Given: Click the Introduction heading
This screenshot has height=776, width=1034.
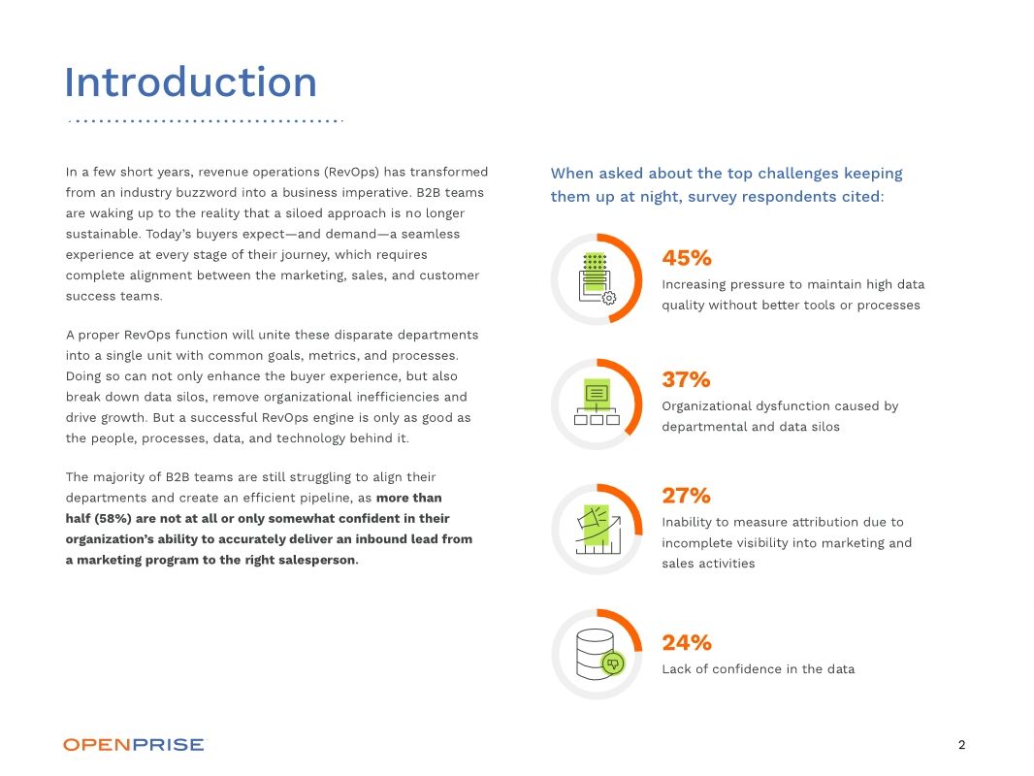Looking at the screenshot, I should (x=190, y=82).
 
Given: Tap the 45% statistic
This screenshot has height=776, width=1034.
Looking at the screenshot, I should (x=687, y=258).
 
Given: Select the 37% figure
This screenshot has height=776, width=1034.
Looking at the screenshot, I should (x=686, y=379).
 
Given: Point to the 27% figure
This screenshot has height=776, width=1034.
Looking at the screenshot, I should (x=686, y=496).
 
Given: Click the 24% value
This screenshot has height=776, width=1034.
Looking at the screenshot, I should (x=686, y=642).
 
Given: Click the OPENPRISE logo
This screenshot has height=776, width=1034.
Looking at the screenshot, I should (x=134, y=745).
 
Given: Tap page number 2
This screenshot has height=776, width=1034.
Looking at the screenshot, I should (x=961, y=745).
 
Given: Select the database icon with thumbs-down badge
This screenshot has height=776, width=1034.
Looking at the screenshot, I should (x=597, y=654).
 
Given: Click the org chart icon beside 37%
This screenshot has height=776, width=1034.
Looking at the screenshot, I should (x=597, y=404).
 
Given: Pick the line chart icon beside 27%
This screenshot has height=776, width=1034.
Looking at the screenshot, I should (x=597, y=529).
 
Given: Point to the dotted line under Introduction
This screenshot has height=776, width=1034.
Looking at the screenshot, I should (x=206, y=121).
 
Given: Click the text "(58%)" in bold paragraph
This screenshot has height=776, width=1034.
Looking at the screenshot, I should (x=114, y=518).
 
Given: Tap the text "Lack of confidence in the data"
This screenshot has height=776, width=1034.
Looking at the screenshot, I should (x=758, y=669).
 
